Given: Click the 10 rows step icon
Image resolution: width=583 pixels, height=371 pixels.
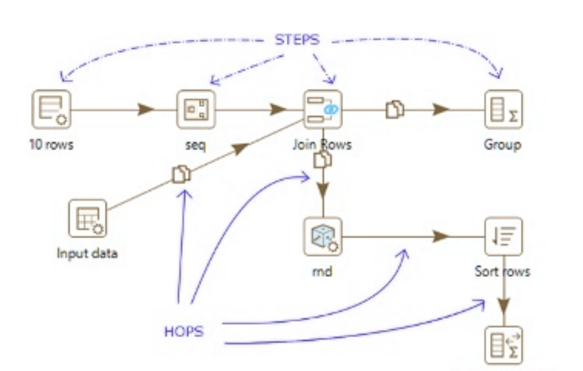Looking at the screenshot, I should [x=52, y=109].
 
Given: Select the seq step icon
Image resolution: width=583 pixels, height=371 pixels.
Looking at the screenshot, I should [x=196, y=109].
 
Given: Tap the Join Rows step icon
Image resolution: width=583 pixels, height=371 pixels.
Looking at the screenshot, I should [x=322, y=109].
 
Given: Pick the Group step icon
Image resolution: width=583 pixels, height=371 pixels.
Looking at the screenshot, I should [x=503, y=109].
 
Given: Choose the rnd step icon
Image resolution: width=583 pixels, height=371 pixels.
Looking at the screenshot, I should [x=322, y=237].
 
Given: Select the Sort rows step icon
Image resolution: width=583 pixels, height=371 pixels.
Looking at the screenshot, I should [x=503, y=237].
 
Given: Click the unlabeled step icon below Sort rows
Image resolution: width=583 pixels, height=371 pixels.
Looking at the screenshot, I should [x=503, y=345].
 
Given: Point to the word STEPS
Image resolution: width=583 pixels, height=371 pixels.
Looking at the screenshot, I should [x=297, y=40].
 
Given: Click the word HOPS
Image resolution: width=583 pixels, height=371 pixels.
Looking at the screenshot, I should [x=184, y=331].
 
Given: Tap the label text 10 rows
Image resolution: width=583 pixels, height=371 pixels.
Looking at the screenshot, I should [x=52, y=145].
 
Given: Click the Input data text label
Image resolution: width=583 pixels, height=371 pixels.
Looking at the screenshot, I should [x=87, y=254].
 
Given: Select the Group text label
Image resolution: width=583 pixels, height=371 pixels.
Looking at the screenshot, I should [x=503, y=145].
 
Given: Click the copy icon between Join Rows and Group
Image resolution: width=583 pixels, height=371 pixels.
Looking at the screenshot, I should [x=395, y=109].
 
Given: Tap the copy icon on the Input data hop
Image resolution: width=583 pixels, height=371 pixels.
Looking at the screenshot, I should [x=181, y=175].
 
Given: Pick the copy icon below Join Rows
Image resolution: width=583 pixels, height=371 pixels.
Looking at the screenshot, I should [x=322, y=160].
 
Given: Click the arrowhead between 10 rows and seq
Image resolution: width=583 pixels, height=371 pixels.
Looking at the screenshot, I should [x=146, y=109].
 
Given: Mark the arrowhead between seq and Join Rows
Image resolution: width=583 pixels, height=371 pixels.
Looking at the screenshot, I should [x=279, y=109].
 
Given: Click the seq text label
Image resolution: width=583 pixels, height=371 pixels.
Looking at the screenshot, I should [x=196, y=145].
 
